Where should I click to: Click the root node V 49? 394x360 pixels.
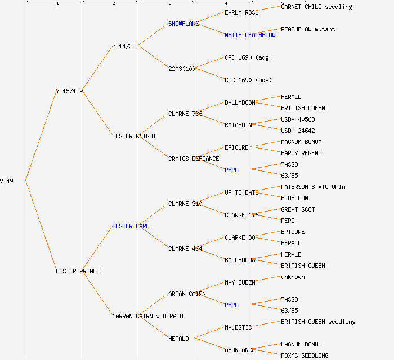(7, 181)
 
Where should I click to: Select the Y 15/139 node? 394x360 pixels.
(69, 91)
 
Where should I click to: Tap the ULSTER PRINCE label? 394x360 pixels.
(78, 271)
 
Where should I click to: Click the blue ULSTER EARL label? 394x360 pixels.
(131, 226)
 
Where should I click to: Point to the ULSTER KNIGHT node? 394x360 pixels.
(134, 136)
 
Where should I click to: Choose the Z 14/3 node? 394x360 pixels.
(122, 46)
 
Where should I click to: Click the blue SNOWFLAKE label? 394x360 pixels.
(183, 24)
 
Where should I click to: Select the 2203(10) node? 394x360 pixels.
(181, 69)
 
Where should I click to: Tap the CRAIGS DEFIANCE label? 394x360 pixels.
(194, 159)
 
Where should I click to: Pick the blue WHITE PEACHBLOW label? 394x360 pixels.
(250, 35)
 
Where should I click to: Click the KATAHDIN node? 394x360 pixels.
(238, 125)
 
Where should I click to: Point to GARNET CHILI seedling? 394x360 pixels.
(316, 7)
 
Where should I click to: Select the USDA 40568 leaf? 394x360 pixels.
(298, 119)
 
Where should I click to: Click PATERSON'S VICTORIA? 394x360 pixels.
(313, 187)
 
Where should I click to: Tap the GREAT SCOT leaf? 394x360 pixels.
(298, 209)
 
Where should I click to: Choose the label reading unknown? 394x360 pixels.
(293, 277)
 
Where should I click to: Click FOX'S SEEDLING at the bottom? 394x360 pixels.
(305, 355)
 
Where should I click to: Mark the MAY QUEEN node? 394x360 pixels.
(240, 282)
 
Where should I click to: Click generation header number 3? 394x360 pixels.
(169, 4)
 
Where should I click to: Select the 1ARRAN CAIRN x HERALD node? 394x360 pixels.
(147, 316)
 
